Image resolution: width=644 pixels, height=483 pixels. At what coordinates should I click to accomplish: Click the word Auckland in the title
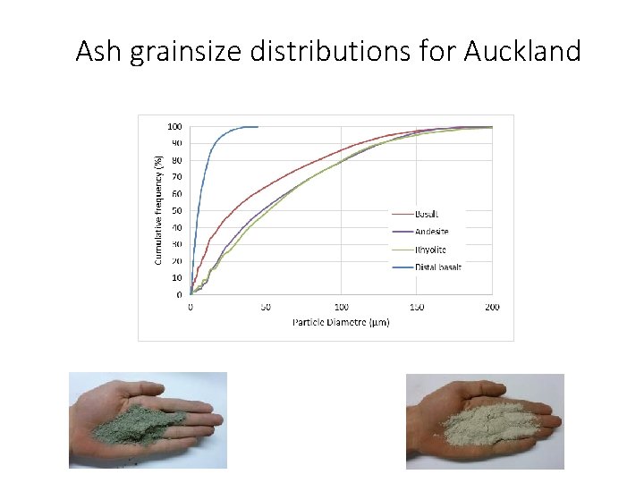tap(522, 52)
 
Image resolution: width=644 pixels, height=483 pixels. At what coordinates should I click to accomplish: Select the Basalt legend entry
tap(427, 214)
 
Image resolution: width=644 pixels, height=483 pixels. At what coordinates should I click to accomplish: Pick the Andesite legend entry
tap(432, 232)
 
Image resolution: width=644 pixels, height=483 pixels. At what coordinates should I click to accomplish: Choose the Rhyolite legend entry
tap(430, 250)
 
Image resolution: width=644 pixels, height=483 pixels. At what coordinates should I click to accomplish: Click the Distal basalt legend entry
tap(438, 267)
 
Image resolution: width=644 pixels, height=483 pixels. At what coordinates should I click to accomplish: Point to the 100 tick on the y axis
tap(175, 126)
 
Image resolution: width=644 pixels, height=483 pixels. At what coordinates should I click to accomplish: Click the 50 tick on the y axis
tap(177, 211)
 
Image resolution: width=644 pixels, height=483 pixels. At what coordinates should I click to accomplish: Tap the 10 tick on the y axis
tap(177, 278)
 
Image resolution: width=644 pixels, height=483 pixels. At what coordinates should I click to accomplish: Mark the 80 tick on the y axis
tap(177, 160)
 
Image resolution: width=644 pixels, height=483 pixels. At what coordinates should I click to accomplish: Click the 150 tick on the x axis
tap(417, 307)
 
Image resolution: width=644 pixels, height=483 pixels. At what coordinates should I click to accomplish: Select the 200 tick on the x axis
tap(492, 307)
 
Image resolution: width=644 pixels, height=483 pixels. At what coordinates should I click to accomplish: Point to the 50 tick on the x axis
tap(266, 307)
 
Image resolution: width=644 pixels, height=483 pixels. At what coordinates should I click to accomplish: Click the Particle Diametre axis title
tap(341, 322)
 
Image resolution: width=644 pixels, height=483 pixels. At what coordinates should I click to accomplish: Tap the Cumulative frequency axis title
tap(158, 211)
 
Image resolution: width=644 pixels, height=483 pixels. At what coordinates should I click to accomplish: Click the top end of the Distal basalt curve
tap(256, 127)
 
